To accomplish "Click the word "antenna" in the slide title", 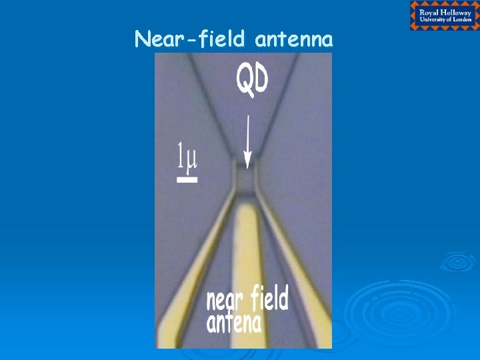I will (x=293, y=40).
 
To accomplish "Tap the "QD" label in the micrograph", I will (x=253, y=80).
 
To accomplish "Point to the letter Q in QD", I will (x=245, y=80).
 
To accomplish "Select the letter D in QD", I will (x=261, y=80).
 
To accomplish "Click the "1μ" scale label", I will (x=187, y=157).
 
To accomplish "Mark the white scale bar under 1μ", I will (x=187, y=179).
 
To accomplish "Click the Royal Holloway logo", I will (x=444, y=15).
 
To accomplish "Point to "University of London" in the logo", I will (x=444, y=21).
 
